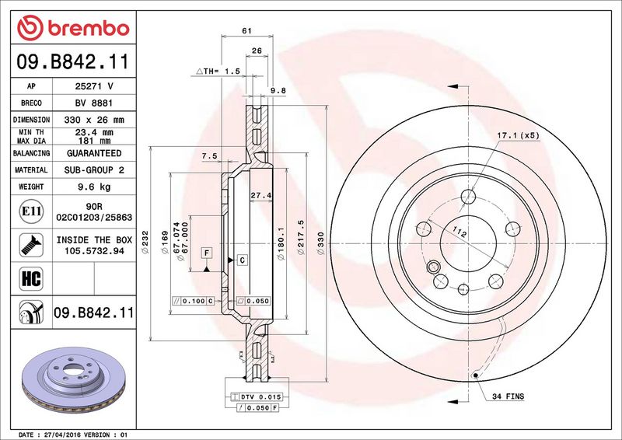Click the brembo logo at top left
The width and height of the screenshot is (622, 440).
pos(73,28)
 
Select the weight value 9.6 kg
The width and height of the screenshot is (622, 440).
pos(94,187)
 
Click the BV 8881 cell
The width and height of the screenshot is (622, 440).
pos(94,103)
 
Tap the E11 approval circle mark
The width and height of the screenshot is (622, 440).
pos(31,211)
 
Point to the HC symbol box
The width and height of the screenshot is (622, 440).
pos(31,278)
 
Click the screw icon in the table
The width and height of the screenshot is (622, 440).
pos(31,245)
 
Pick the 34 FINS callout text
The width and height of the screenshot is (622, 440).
pos(508,396)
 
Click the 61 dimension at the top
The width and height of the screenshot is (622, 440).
pos(246,30)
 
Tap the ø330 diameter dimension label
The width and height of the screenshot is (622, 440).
pos(320,243)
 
